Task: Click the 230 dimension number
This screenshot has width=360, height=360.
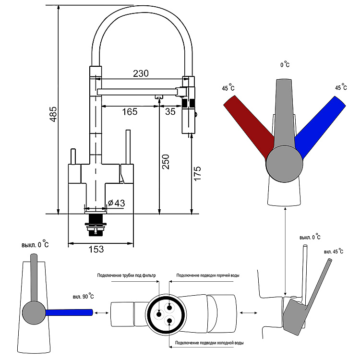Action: [x=141, y=73]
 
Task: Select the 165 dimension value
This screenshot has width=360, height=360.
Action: [x=130, y=112]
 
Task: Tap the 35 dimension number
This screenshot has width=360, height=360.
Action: [x=170, y=112]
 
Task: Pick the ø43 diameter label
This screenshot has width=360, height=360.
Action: [x=117, y=203]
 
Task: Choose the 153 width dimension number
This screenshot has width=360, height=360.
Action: [x=96, y=250]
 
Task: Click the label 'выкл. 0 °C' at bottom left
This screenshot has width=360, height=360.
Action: [x=35, y=244]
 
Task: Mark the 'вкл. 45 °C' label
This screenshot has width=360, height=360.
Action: [x=333, y=251]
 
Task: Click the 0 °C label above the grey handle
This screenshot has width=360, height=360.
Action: [x=285, y=64]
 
